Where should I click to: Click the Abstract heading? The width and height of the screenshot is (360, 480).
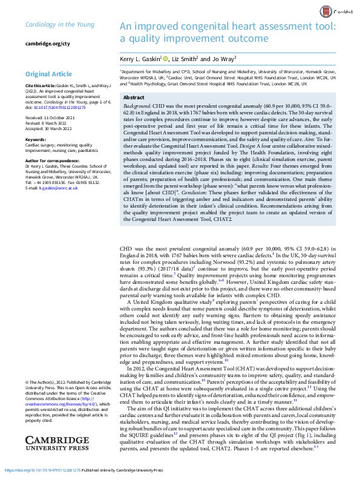click(x=134, y=97)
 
